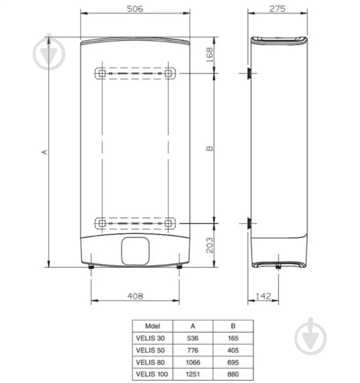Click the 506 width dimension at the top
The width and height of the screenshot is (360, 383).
[135, 9]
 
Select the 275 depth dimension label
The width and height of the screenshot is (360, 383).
[277, 9]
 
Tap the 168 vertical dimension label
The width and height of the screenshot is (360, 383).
[209, 55]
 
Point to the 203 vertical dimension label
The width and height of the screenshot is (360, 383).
[209, 245]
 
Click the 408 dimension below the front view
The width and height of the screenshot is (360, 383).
[135, 296]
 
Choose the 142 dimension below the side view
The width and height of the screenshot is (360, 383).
[264, 296]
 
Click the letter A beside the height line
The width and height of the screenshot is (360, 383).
[44, 152]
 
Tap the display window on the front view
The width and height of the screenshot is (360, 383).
[136, 250]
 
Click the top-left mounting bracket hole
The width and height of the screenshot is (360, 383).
[102, 73]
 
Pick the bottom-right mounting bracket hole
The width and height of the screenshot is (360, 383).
[168, 222]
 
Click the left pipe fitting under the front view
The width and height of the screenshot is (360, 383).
[91, 267]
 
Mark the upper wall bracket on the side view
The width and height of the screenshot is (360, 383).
[249, 73]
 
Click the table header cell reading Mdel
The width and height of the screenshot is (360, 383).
[152, 326]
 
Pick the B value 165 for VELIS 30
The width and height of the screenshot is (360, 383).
[233, 338]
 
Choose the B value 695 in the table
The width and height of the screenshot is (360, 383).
[233, 362]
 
